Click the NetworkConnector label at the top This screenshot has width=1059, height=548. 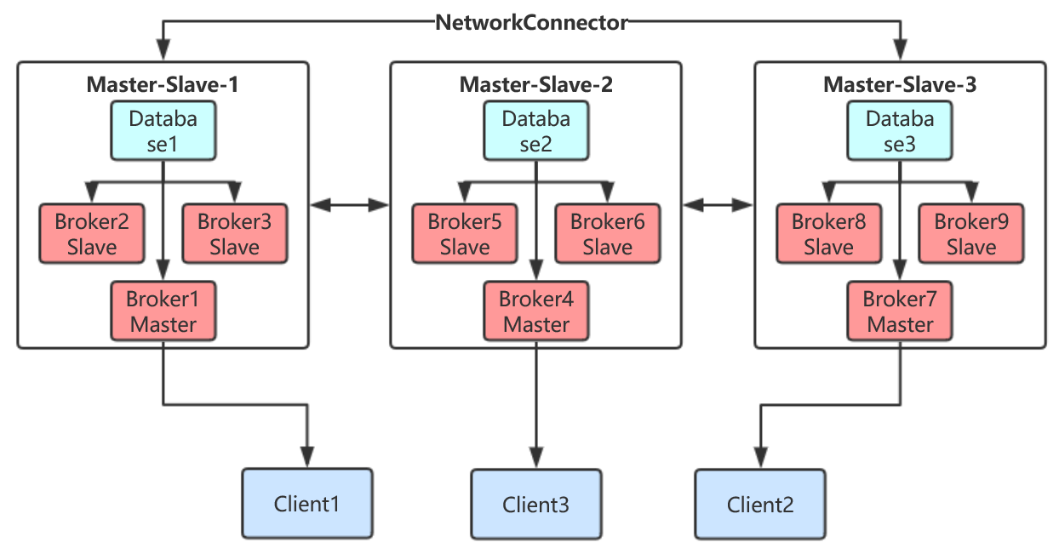pos(531,23)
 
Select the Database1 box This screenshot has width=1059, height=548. pos(163,131)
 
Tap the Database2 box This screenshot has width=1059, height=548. pos(535,131)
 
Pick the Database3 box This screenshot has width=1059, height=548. pos(900,131)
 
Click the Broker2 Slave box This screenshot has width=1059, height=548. pos(92,234)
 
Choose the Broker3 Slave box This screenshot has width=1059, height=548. pos(234,234)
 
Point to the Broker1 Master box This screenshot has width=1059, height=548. pos(163,311)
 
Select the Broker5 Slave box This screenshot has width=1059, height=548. pos(465,234)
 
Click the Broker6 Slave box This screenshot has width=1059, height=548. pos(607,234)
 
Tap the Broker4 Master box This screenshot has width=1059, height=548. pos(535,311)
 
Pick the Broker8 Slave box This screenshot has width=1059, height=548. pos(828,234)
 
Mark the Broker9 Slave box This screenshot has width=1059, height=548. pos(971,234)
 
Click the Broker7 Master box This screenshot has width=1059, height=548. pos(900,311)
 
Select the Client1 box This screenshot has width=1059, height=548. pos(307,504)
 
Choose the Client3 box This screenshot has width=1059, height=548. pos(536,504)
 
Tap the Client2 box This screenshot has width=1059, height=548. pos(760,504)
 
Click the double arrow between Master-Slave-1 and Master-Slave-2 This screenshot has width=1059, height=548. pos(349,204)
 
